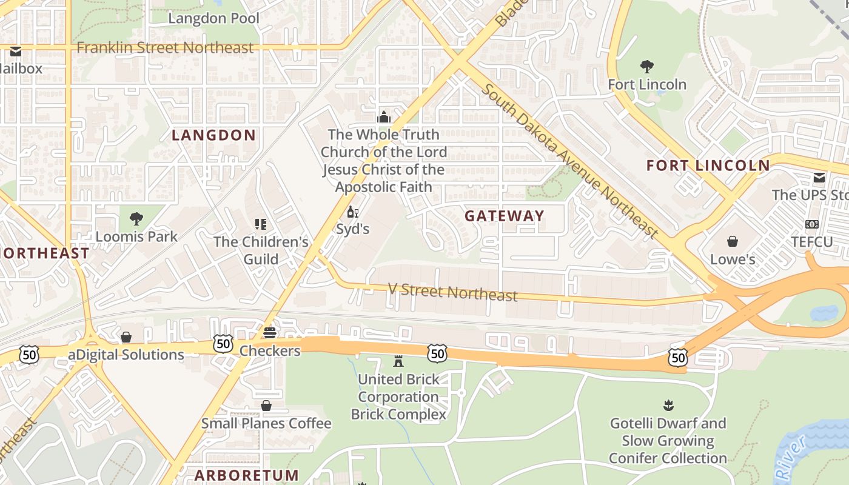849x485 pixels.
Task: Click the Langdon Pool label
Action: pyautogui.click(x=213, y=18)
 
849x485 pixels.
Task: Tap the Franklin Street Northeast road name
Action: pyautogui.click(x=165, y=47)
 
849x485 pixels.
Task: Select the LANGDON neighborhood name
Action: pyautogui.click(x=213, y=135)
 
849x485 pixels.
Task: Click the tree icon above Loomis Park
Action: pyautogui.click(x=136, y=218)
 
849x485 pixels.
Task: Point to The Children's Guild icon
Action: pyautogui.click(x=261, y=224)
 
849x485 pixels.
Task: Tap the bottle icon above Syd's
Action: pyautogui.click(x=352, y=212)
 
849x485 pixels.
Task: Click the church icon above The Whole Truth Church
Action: pyautogui.click(x=384, y=116)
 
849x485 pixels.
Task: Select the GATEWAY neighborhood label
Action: pyautogui.click(x=505, y=216)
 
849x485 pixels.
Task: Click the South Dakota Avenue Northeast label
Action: pyautogui.click(x=570, y=161)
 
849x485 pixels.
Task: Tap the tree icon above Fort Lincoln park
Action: pyautogui.click(x=647, y=66)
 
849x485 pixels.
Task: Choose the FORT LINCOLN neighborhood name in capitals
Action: pyautogui.click(x=708, y=166)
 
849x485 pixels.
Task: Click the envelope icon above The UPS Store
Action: pyautogui.click(x=819, y=178)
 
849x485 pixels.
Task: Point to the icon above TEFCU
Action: pyautogui.click(x=811, y=224)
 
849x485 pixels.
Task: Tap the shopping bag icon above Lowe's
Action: pyautogui.click(x=733, y=241)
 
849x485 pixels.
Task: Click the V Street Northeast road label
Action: pyautogui.click(x=452, y=292)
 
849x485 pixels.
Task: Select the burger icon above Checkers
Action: pyautogui.click(x=270, y=332)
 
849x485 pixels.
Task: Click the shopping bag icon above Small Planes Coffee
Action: pyautogui.click(x=266, y=405)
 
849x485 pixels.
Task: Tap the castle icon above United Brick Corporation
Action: pyautogui.click(x=398, y=361)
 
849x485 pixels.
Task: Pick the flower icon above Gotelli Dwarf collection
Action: pyautogui.click(x=668, y=405)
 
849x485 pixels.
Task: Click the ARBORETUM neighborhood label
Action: pyautogui.click(x=247, y=475)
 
